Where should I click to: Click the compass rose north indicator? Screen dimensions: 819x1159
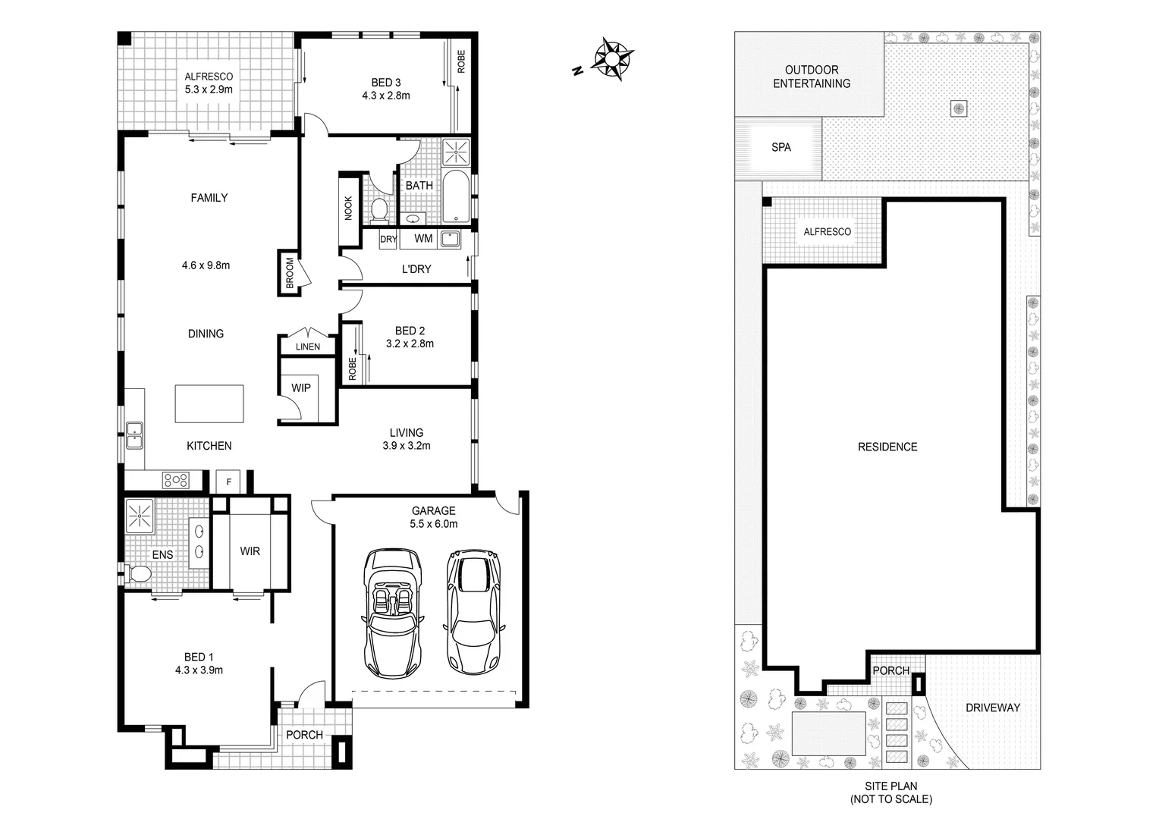tap(611, 58)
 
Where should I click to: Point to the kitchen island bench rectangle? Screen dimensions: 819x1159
tap(209, 403)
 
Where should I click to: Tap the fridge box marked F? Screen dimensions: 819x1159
tap(228, 482)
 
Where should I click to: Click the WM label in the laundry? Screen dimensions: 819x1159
tap(423, 239)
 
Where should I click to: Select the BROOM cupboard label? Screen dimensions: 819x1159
tap(290, 273)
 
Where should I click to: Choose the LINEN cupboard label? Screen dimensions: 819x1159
tap(307, 347)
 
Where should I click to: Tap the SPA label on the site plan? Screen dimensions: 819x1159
tap(781, 148)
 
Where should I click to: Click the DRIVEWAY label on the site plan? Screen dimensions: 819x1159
tap(992, 708)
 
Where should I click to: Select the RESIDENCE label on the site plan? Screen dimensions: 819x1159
tap(887, 447)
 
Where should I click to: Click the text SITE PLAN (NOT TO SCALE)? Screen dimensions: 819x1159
tap(890, 793)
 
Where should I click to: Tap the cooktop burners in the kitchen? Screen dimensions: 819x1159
tap(176, 480)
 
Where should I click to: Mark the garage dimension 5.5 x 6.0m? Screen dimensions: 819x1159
tap(433, 524)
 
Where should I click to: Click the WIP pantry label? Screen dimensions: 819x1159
tap(300, 388)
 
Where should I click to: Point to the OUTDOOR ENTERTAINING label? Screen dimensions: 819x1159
tap(811, 77)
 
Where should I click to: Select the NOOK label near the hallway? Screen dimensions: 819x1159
tap(348, 208)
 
